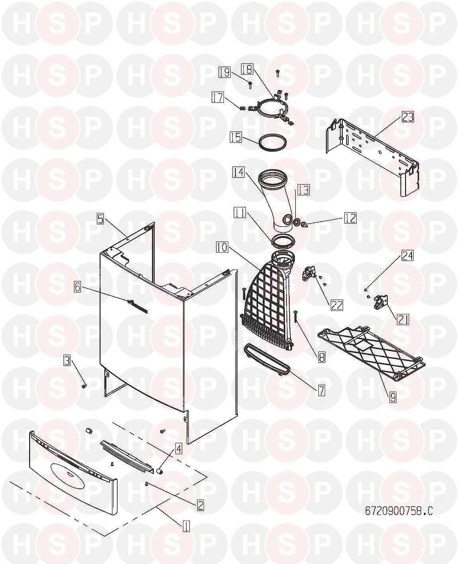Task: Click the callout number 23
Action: [x=408, y=117]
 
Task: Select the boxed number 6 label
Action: [x=78, y=287]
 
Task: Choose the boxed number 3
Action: [x=67, y=361]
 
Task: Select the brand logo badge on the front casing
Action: [x=137, y=306]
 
